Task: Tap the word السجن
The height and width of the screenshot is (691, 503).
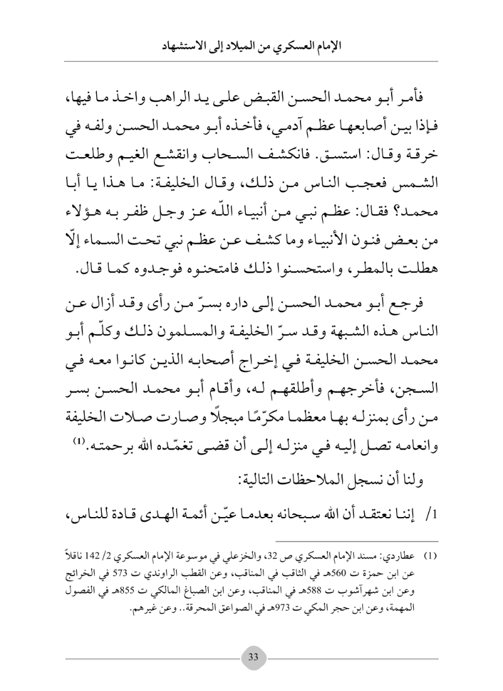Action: (424, 373)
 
